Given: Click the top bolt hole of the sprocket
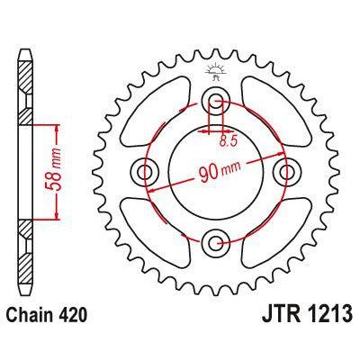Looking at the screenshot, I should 216,99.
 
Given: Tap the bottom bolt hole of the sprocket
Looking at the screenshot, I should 216,241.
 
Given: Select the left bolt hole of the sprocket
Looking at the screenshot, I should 145,170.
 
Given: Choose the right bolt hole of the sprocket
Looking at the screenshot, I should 287,170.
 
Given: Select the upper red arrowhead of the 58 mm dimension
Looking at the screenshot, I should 60,127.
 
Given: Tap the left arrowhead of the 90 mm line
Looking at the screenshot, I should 151,188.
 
